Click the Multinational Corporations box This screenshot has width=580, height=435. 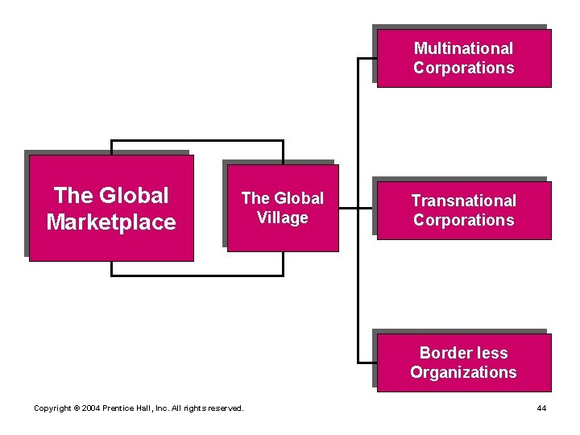pyautogui.click(x=463, y=58)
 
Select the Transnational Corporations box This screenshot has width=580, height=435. pyautogui.click(x=463, y=210)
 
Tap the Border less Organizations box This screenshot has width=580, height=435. pyautogui.click(x=463, y=362)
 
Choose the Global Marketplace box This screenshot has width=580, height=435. pyautogui.click(x=111, y=208)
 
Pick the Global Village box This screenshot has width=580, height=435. pyautogui.click(x=282, y=208)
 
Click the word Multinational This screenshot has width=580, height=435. pyautogui.click(x=463, y=48)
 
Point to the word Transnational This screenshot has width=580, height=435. pyautogui.click(x=463, y=201)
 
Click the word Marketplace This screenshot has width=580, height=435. pyautogui.click(x=111, y=222)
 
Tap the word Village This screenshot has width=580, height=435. pyautogui.click(x=282, y=217)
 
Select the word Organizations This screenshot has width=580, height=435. pyautogui.click(x=463, y=372)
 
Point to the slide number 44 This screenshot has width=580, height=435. pyautogui.click(x=541, y=408)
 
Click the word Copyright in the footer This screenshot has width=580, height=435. pyautogui.click(x=53, y=408)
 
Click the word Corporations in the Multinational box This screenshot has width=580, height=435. pyautogui.click(x=463, y=68)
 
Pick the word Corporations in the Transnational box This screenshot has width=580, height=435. pyautogui.click(x=463, y=220)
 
